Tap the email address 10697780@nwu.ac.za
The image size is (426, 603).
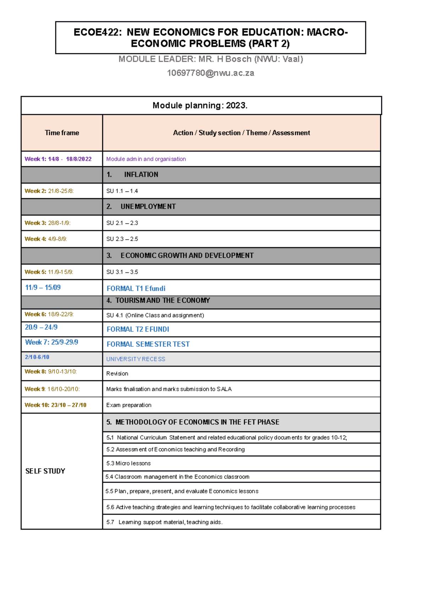[x=211, y=73]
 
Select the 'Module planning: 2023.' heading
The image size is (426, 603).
[x=200, y=105]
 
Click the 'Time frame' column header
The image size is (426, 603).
[x=62, y=133]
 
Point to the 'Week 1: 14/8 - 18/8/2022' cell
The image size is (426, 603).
[x=58, y=159]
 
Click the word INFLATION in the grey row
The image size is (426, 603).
[x=141, y=175]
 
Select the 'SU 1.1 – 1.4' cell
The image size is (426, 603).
[x=122, y=191]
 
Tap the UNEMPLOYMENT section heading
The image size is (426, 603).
[x=148, y=207]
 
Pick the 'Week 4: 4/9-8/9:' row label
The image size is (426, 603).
[x=45, y=239]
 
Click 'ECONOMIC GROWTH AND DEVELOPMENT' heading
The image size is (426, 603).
[x=187, y=256]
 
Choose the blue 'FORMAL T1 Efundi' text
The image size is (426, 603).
[x=136, y=289]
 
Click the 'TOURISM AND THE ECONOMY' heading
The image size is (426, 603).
[x=163, y=300]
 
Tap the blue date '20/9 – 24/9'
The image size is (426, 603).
[x=41, y=327]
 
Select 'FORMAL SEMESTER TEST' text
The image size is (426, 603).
[x=148, y=344]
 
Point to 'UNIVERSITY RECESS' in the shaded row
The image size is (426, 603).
[x=136, y=359]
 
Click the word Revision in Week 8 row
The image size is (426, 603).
[x=117, y=374]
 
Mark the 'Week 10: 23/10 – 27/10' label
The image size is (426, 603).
[x=55, y=405]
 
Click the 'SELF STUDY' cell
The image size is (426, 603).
[x=45, y=471]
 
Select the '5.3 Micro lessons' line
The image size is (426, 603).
[x=128, y=463]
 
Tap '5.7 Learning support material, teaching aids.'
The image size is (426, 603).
[x=164, y=522]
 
